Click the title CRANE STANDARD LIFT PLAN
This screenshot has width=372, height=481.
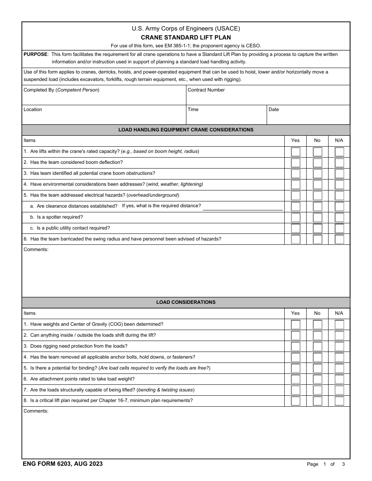click(x=186, y=38)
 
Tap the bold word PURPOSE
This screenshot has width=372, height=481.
click(x=36, y=54)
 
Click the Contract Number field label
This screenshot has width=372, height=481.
click(x=206, y=90)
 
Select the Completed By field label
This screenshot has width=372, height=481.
click(x=61, y=90)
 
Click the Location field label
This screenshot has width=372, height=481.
click(x=33, y=109)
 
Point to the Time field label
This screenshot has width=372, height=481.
click(x=193, y=109)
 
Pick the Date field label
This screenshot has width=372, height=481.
click(x=274, y=109)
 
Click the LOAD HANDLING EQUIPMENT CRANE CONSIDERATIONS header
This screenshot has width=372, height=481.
click(x=186, y=130)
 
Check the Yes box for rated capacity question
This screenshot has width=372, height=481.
click(x=296, y=152)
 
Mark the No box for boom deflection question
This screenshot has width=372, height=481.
click(x=317, y=163)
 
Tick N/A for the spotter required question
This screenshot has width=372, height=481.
click(x=339, y=217)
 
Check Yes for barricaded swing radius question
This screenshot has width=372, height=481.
click(x=296, y=239)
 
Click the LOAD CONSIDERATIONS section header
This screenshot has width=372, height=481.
click(x=186, y=302)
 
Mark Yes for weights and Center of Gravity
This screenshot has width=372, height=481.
click(x=296, y=325)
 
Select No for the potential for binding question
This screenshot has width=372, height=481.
click(x=317, y=368)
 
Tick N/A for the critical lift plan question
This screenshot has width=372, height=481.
click(x=339, y=401)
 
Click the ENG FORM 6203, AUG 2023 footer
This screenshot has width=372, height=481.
click(x=63, y=464)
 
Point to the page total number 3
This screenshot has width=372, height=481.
click(x=343, y=464)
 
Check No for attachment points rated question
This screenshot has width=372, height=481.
click(x=317, y=379)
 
